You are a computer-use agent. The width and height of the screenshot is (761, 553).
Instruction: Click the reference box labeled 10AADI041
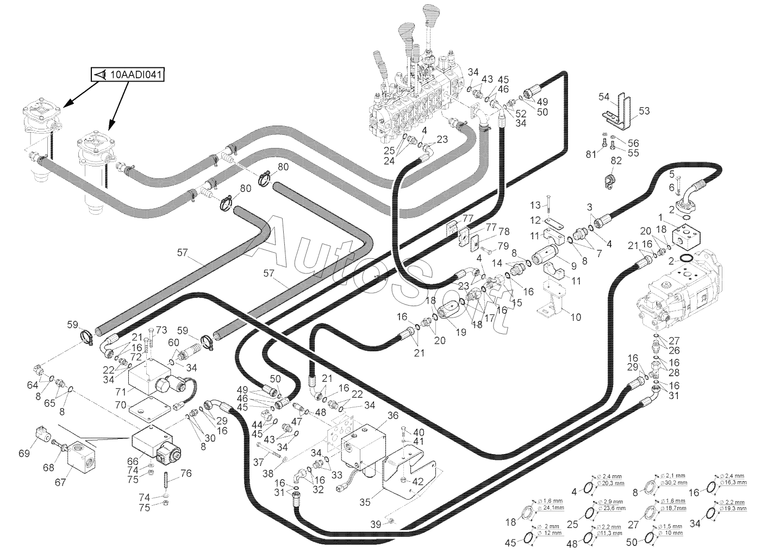(x=128, y=75)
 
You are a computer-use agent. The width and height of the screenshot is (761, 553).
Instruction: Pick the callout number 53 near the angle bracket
(x=644, y=111)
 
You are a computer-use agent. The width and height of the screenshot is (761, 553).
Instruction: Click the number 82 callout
(x=616, y=160)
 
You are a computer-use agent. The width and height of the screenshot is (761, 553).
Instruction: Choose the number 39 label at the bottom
(x=376, y=524)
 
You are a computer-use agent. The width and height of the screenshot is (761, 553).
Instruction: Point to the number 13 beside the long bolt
(x=535, y=205)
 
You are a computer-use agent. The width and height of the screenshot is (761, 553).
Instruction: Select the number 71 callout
(x=121, y=391)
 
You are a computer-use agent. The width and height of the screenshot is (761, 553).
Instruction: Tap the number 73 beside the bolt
(x=161, y=330)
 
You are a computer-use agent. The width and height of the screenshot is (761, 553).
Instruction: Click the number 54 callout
(x=604, y=97)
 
